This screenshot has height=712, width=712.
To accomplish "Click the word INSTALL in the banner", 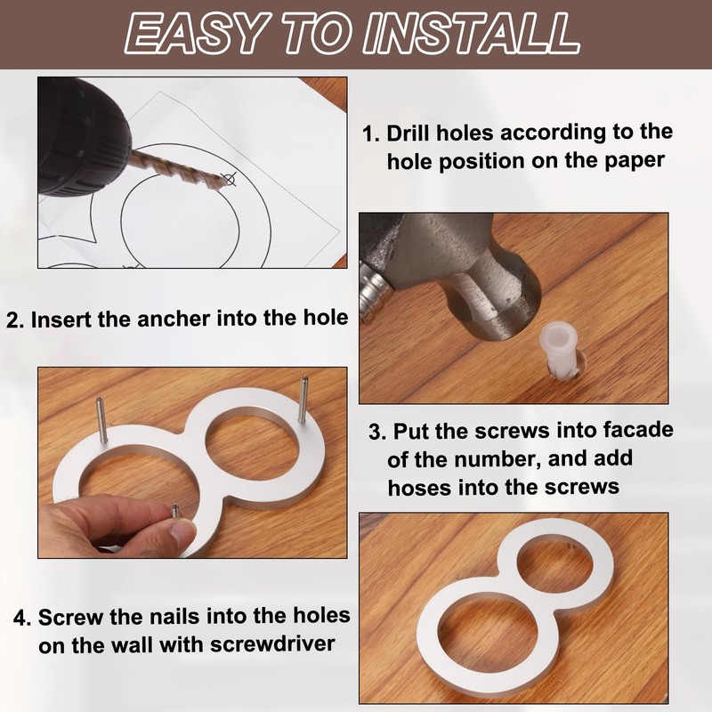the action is pos(471,34).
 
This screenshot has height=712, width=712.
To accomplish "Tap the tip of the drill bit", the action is pos(226,182).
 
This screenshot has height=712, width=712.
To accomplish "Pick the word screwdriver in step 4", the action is pos(272,644).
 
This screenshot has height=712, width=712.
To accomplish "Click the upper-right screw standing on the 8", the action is pos(302,400).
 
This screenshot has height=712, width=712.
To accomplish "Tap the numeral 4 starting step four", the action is pos(21,618).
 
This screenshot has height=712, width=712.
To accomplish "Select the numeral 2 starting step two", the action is pos(14,320).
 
